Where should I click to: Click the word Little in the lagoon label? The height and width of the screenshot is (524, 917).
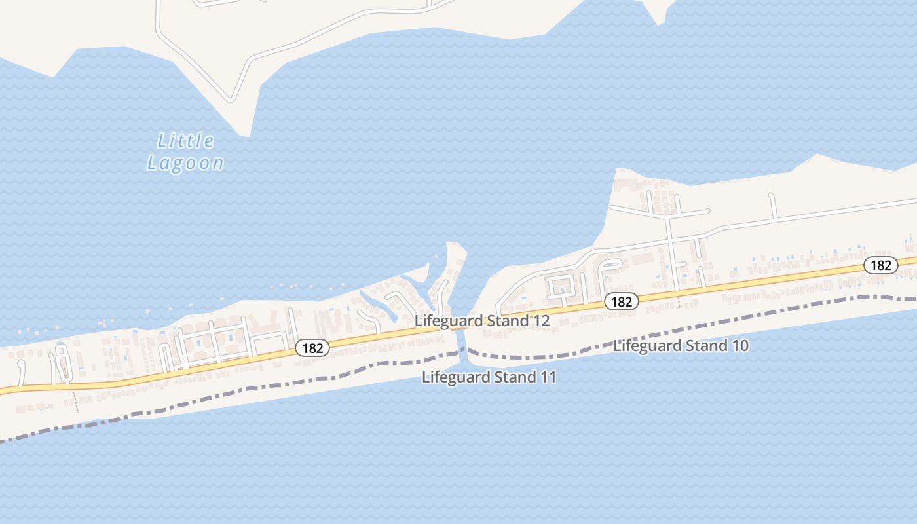click(x=186, y=141)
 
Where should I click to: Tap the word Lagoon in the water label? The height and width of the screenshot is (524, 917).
click(x=185, y=163)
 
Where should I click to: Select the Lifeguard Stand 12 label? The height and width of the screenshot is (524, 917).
click(x=481, y=321)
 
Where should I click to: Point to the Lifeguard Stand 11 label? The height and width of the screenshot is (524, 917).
click(x=489, y=377)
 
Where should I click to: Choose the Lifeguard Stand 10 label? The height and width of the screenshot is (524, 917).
click(x=681, y=346)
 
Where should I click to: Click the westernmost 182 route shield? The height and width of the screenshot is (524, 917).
click(x=312, y=348)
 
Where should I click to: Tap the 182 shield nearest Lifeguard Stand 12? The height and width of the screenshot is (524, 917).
click(x=620, y=301)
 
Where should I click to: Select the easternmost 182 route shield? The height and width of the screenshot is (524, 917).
click(x=880, y=265)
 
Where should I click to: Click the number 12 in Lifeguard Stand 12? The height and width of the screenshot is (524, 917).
click(x=540, y=321)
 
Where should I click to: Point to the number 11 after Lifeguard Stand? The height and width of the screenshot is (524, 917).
click(x=548, y=377)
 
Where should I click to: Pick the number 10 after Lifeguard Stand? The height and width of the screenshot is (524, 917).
click(x=739, y=346)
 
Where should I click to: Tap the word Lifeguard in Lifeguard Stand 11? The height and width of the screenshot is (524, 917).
click(x=449, y=377)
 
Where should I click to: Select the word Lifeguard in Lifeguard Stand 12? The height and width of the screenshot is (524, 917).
click(x=442, y=321)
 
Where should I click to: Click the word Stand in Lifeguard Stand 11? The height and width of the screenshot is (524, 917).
click(x=512, y=377)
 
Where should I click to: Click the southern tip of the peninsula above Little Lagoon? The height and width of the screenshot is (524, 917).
click(x=245, y=135)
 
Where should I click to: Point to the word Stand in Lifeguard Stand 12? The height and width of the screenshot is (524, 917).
click(x=505, y=321)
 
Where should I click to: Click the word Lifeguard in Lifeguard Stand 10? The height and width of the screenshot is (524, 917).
click(x=641, y=346)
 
